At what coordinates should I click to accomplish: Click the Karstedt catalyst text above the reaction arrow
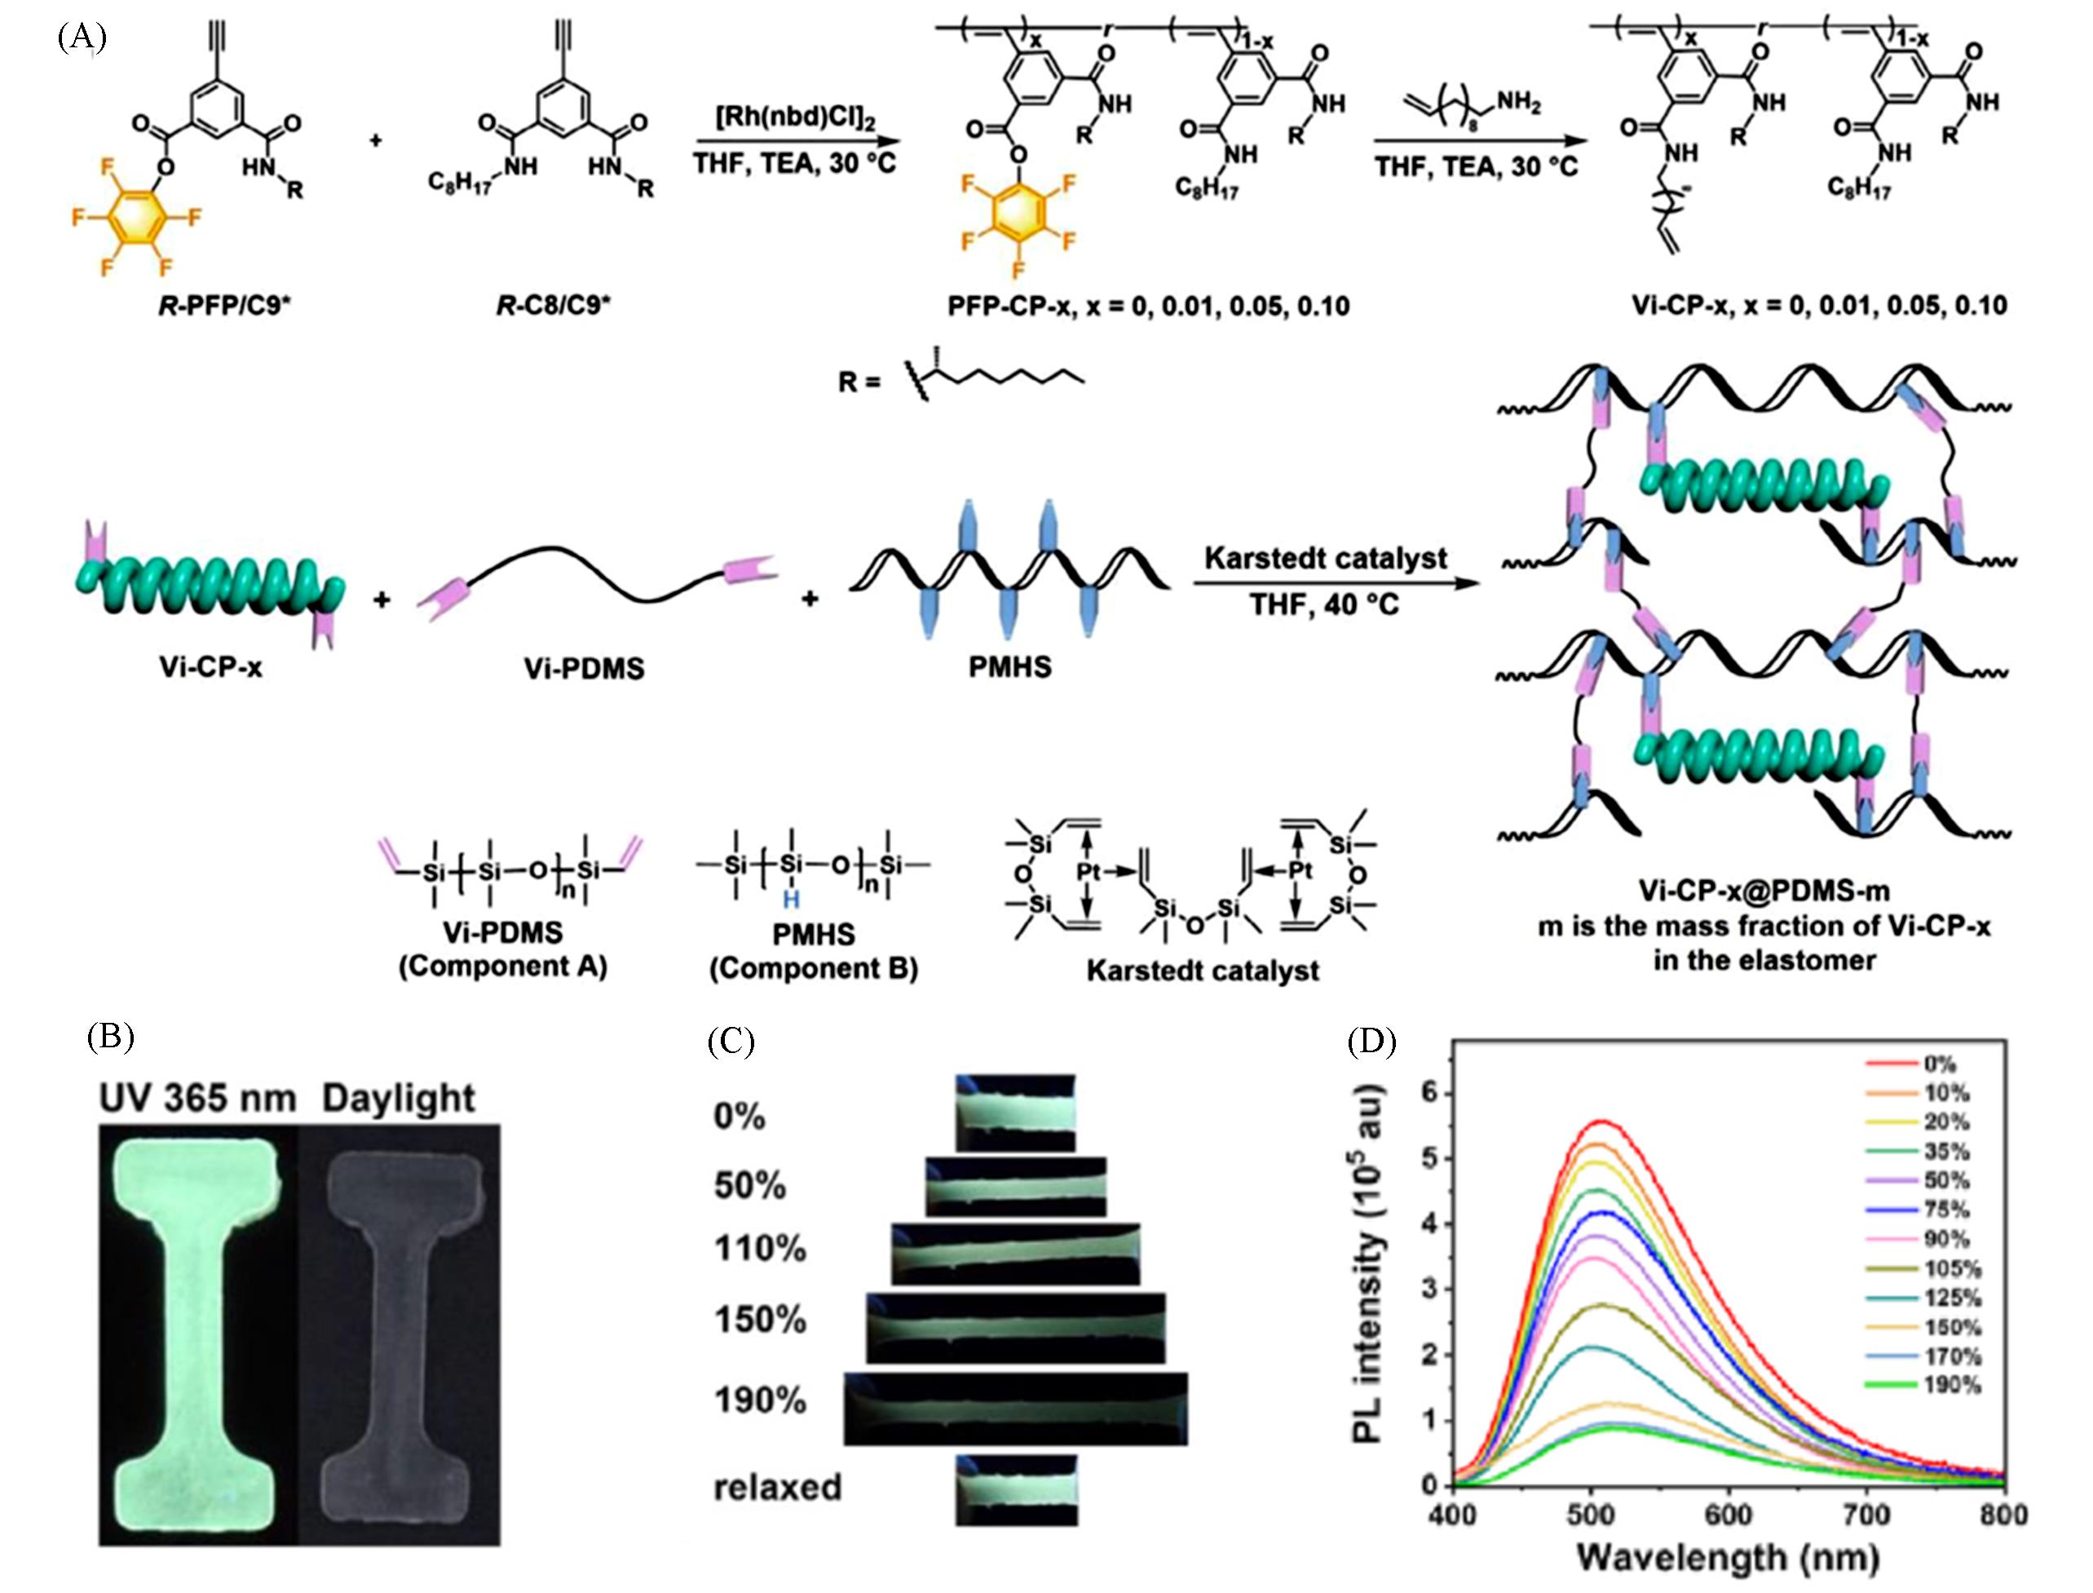tap(1325, 559)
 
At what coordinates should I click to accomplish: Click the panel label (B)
tap(110, 1037)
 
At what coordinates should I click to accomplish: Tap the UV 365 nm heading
tap(199, 1098)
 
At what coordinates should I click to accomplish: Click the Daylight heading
tap(398, 1098)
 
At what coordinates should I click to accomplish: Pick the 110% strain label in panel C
tap(759, 1249)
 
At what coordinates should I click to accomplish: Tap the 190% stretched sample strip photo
tap(1015, 1407)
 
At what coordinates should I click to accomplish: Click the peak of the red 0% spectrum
tap(1600, 1121)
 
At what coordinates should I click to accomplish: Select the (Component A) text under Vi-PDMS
tap(503, 967)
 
